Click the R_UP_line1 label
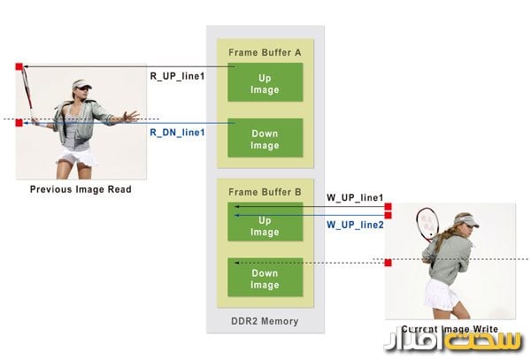(177, 76)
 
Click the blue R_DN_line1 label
(177, 132)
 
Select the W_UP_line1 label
(355, 196)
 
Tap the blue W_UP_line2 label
(355, 225)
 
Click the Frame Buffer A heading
(265, 52)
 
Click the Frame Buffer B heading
(265, 191)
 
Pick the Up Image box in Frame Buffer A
(265, 84)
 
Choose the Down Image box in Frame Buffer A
(265, 140)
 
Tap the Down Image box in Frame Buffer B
(265, 279)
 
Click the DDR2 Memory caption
(265, 321)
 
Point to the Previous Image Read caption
(81, 189)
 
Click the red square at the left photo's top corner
(19, 66)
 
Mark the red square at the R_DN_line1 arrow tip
(19, 123)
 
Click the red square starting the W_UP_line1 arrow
(388, 207)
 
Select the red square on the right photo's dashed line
(388, 262)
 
